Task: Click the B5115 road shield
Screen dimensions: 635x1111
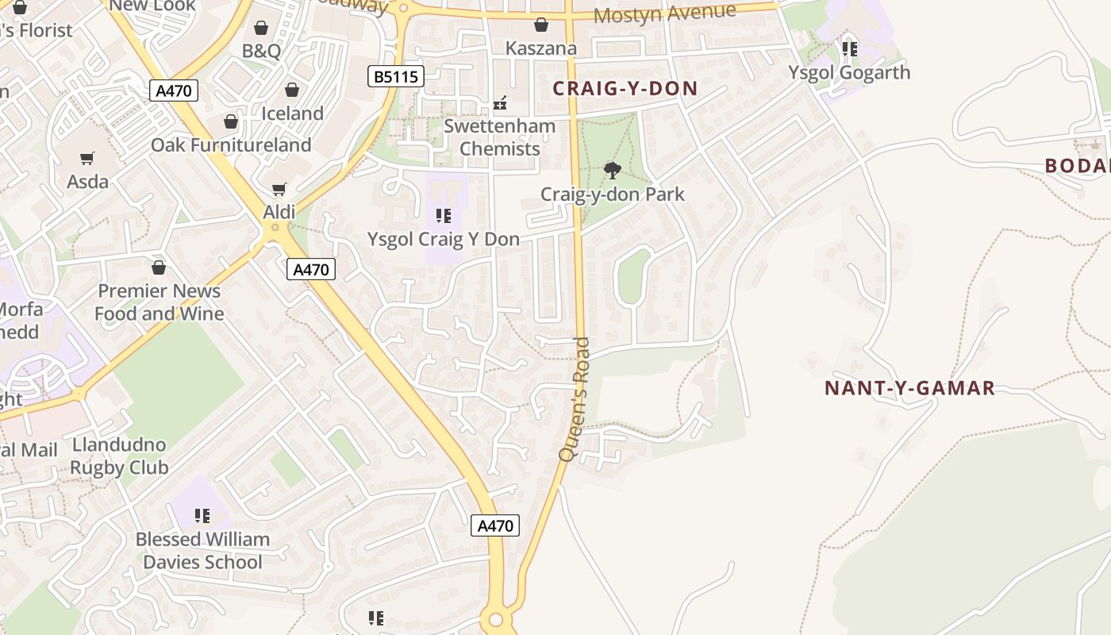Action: [x=396, y=77]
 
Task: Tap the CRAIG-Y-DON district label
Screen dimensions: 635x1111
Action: [x=625, y=88]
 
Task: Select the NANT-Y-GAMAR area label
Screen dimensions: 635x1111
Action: [x=909, y=388]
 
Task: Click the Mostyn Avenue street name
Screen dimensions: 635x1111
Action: [x=664, y=13]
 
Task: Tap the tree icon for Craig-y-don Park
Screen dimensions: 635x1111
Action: [x=612, y=170]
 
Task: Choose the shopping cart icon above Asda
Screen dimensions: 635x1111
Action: [x=87, y=158]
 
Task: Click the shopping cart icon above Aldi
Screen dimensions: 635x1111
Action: [x=279, y=189]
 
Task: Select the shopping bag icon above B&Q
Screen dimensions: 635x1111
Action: [x=261, y=29]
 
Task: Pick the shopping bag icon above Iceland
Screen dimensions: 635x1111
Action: [x=292, y=90]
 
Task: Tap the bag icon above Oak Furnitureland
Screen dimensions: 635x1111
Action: [x=231, y=121]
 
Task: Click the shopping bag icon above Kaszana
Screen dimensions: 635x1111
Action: [x=541, y=25]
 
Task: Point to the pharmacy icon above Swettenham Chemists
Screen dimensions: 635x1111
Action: [x=500, y=102]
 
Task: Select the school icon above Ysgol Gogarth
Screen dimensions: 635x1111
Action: [x=849, y=49]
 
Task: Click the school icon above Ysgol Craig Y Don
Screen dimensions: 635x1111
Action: [x=444, y=215]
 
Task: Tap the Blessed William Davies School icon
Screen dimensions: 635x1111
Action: [x=202, y=516]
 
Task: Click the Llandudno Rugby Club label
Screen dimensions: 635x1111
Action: [x=119, y=456]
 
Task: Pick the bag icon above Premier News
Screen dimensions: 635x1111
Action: [x=159, y=267]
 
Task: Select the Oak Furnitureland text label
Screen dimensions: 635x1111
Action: [x=231, y=144]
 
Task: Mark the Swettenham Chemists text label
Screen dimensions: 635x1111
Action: [x=499, y=137]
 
